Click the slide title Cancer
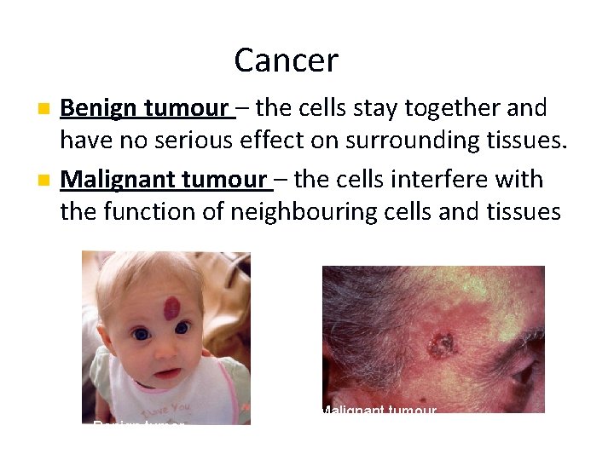pos(286,60)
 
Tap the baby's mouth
pos(167,373)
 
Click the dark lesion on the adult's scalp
pos(443,344)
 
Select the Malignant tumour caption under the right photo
pos(378,412)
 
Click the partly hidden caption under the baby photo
pos(139,422)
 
